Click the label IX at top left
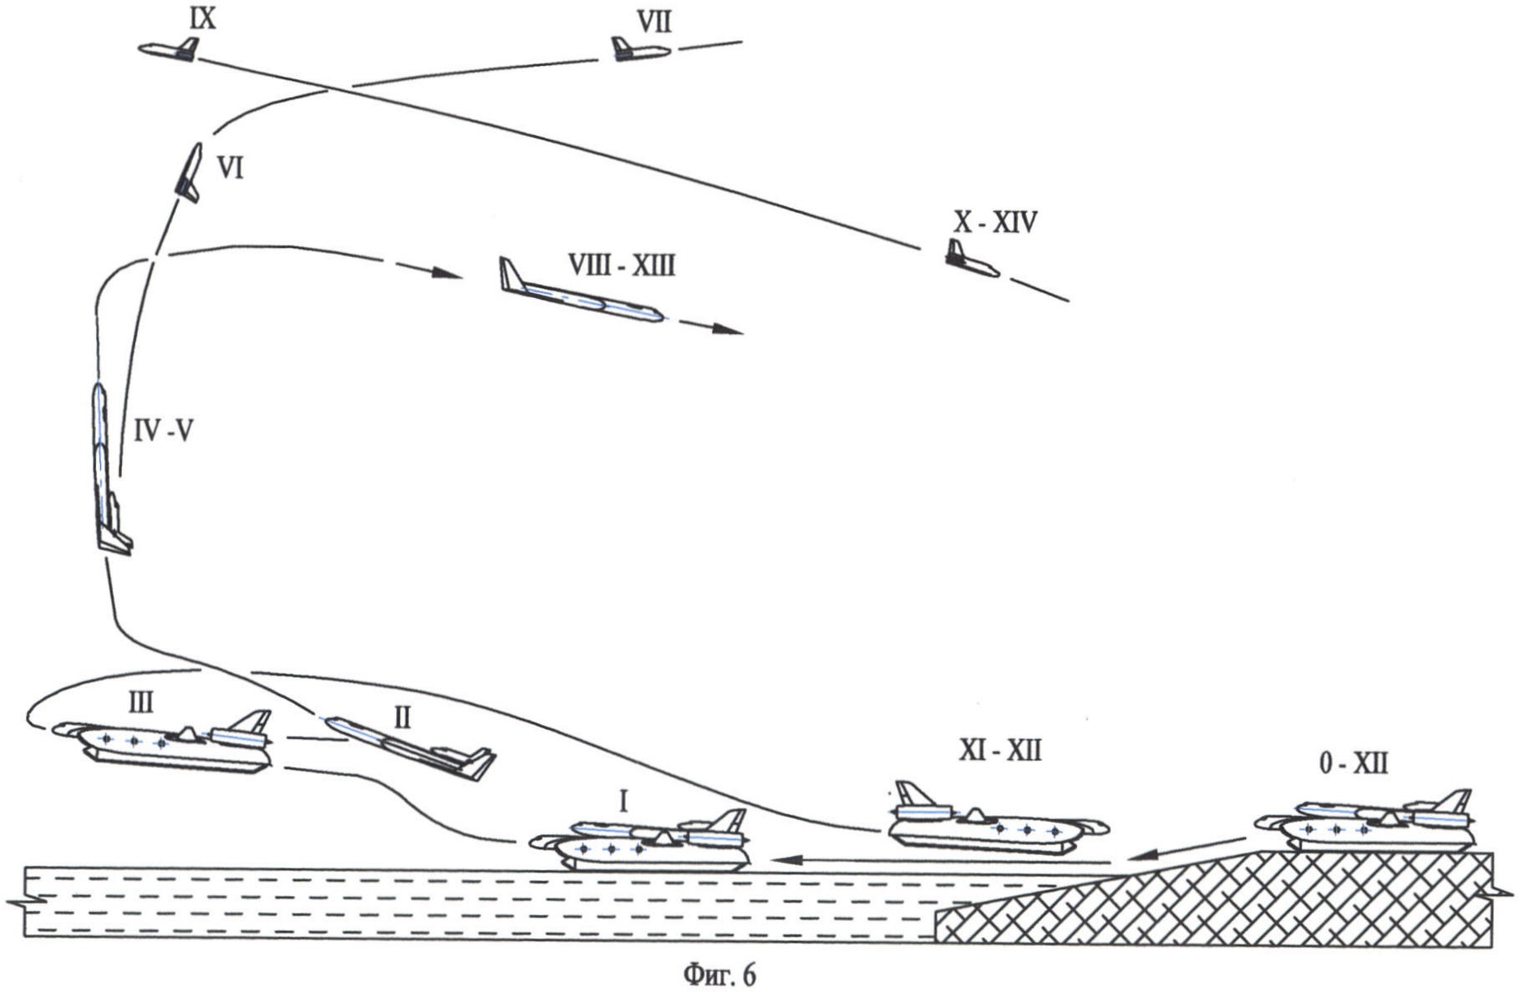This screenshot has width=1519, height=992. coord(203,18)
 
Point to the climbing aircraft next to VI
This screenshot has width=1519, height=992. coord(189,171)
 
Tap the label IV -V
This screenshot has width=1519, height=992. coord(164,431)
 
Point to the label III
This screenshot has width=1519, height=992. coord(140,703)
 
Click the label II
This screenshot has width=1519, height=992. coord(402,718)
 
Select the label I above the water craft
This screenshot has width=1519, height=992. coord(622,802)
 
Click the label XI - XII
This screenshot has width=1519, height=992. coord(999,752)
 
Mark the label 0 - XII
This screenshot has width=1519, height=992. coord(1353,763)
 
